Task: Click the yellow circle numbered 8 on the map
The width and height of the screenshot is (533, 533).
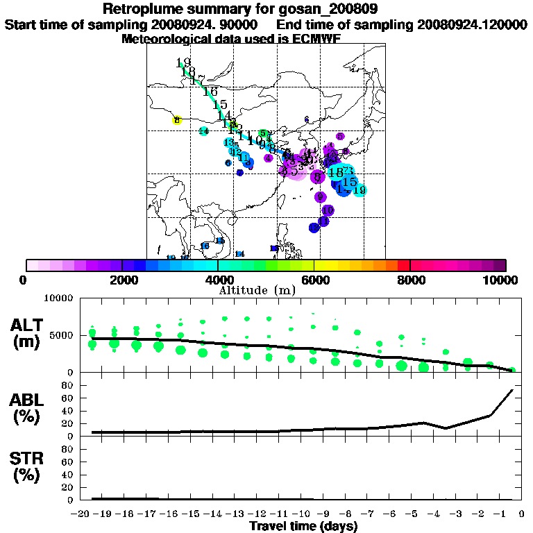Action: pos(177,120)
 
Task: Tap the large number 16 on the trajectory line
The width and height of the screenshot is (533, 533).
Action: pos(210,92)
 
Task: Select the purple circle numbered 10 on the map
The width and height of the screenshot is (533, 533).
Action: pos(328,210)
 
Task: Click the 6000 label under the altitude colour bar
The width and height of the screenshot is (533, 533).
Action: pos(314,280)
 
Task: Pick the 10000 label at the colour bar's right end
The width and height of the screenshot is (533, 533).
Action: pos(500,280)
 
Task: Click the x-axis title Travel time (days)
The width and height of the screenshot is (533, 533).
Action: pos(303,526)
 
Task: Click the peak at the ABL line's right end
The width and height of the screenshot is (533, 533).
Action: pos(512,390)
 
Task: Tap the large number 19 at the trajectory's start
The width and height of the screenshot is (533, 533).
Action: pos(183,62)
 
